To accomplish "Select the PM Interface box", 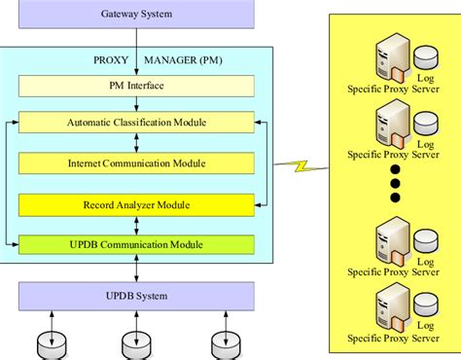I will tap(136, 86).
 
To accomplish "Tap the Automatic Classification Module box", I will tap(136, 123).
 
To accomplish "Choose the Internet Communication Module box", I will tap(136, 162).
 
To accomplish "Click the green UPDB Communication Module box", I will tap(136, 244).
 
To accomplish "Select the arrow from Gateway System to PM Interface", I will tap(136, 53).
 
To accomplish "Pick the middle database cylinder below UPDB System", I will tap(135, 344).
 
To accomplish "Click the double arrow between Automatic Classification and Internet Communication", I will tap(136, 142).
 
